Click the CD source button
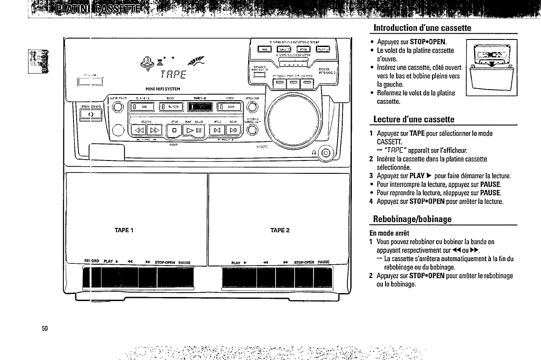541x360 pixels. pos(141,107)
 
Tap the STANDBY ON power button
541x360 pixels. pos(91,114)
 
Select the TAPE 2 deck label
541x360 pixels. pos(280,230)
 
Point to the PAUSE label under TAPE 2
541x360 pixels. pos(324,262)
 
